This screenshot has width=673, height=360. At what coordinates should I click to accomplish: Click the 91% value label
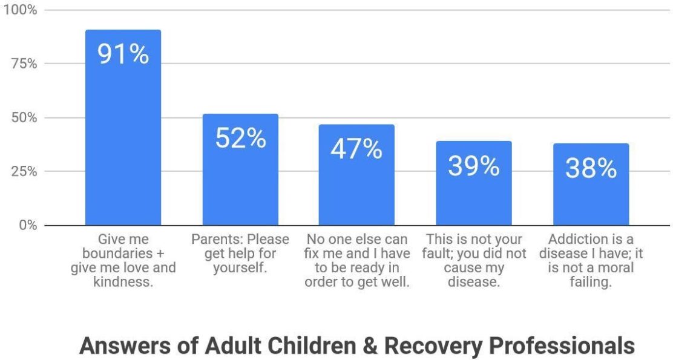pyautogui.click(x=123, y=54)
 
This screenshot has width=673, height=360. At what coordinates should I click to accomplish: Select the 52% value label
pyautogui.click(x=240, y=138)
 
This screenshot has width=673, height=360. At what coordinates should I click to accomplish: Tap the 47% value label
pyautogui.click(x=356, y=149)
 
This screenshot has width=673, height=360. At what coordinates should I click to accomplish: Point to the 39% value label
pyautogui.click(x=474, y=166)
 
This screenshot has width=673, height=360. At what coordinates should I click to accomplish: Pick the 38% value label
pyautogui.click(x=591, y=168)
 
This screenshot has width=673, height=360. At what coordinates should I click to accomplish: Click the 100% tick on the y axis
pyautogui.click(x=20, y=10)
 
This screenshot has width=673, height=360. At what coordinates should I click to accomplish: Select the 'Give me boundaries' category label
pyautogui.click(x=123, y=260)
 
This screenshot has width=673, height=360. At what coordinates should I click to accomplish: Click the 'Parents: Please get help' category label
pyautogui.click(x=240, y=254)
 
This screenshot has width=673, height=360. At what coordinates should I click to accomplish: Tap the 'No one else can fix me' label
pyautogui.click(x=357, y=260)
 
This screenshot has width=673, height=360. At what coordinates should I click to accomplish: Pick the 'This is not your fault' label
pyautogui.click(x=474, y=260)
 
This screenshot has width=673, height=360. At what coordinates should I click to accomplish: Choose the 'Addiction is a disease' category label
pyautogui.click(x=591, y=260)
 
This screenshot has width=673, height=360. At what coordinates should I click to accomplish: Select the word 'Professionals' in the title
pyautogui.click(x=561, y=346)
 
